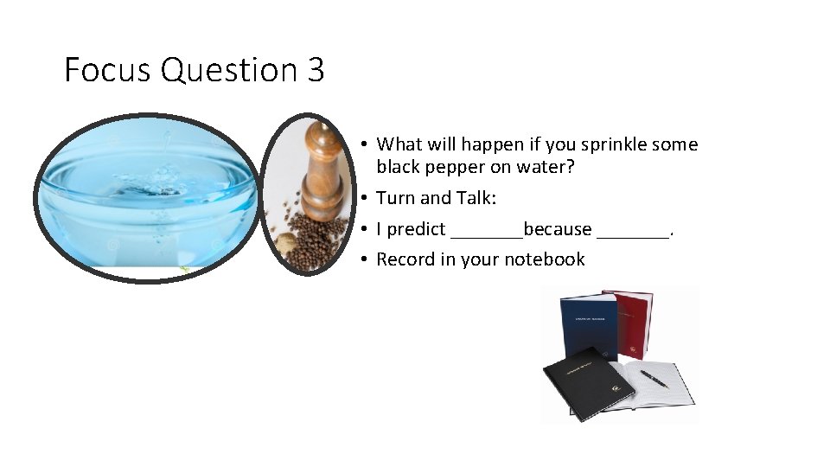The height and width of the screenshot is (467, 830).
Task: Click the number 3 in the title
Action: pos(315,70)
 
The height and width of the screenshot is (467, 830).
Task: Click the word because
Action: pos(558,230)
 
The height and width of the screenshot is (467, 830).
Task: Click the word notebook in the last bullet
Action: pos(545,259)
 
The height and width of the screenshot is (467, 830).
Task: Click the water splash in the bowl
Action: pos(156,177)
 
